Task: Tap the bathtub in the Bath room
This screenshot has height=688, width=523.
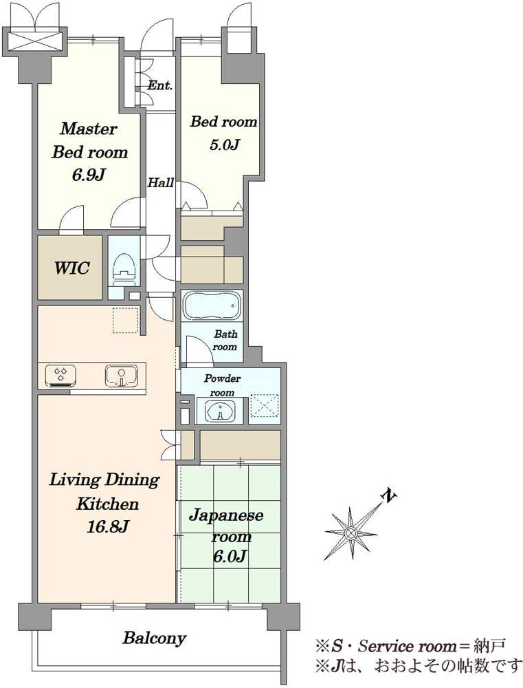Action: coord(212,305)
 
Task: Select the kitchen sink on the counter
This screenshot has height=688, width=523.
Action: coord(121,375)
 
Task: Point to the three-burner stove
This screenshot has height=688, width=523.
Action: coord(61,376)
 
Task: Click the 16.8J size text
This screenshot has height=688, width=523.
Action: coord(107,526)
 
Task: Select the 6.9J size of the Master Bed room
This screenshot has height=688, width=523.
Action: coord(89,175)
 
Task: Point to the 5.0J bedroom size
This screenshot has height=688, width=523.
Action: coord(223,144)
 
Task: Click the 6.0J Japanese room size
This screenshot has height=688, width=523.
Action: coord(230,557)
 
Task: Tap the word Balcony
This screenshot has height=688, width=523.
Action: coord(155,638)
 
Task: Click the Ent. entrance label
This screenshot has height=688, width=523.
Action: coord(159,85)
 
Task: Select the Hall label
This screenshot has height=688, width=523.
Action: coord(160,182)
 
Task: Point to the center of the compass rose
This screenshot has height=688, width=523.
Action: coord(350,533)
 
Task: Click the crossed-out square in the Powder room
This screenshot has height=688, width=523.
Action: coord(263,409)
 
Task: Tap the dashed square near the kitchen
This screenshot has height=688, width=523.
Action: coord(125,321)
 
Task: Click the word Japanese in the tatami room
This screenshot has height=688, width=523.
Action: coord(226,515)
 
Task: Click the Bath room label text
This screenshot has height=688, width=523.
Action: coord(225,341)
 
